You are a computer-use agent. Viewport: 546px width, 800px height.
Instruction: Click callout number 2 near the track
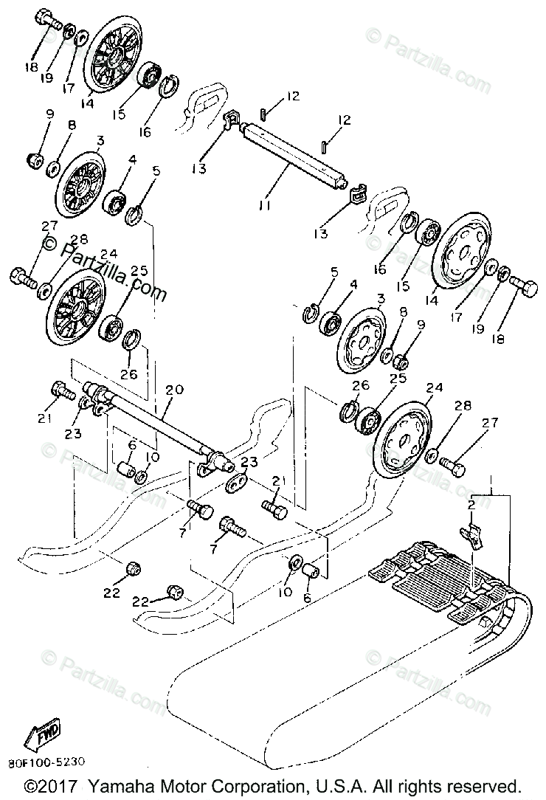(x=469, y=504)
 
